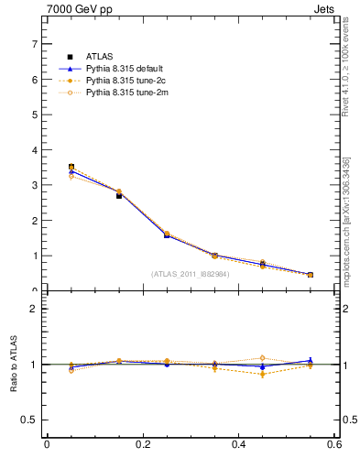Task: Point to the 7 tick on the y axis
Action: [x=34, y=44]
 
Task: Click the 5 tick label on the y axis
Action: [x=34, y=115]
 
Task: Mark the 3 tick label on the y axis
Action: [x=34, y=185]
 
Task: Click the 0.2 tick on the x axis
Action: [x=143, y=445]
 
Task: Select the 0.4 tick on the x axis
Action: [x=239, y=445]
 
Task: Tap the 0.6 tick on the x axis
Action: [x=334, y=445]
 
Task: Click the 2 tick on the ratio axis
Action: [x=34, y=309]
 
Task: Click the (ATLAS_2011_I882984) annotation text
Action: [x=190, y=273]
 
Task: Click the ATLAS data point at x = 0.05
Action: [x=71, y=168]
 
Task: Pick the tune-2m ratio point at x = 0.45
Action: [x=262, y=358]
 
